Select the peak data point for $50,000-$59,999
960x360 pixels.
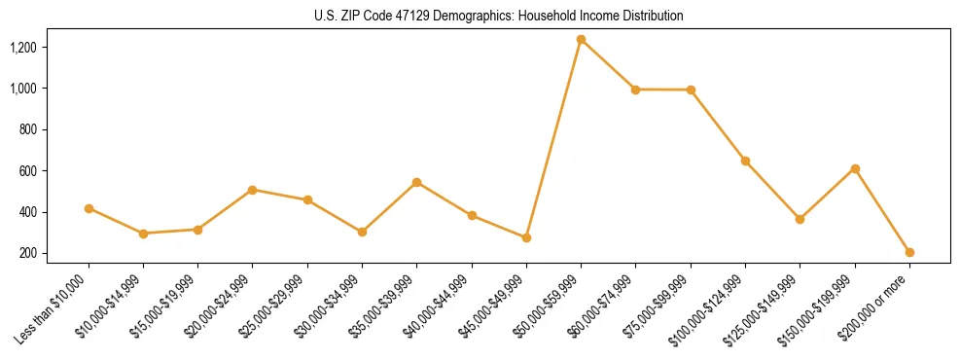point(581,40)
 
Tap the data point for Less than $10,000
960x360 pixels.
point(89,208)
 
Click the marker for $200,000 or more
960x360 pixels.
point(909,252)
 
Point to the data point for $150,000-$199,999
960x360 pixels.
point(855,168)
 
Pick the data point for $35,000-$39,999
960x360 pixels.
point(416,182)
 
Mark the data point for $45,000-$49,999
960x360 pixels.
point(526,237)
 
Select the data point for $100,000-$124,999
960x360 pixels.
point(745,161)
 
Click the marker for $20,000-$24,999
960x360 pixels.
point(253,190)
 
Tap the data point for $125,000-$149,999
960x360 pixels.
point(800,219)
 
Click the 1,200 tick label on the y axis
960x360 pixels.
point(22,48)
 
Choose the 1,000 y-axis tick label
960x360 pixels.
point(22,89)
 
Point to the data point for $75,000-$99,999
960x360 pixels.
point(691,90)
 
